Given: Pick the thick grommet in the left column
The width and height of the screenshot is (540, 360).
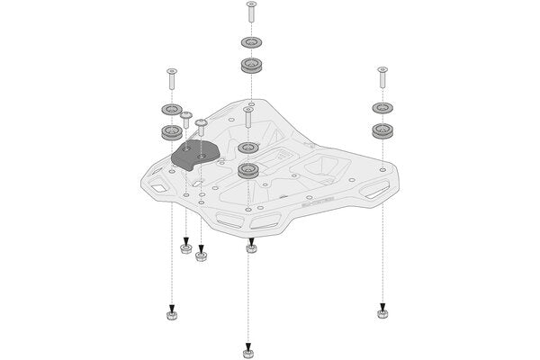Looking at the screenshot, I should (x=169, y=132).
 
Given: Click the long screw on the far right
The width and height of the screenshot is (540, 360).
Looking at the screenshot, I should (x=382, y=77).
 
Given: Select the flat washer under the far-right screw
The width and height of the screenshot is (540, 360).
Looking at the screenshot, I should (x=382, y=108).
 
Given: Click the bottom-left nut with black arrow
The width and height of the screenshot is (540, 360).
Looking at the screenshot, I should (x=171, y=314).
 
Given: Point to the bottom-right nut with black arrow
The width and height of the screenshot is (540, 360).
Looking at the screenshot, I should (x=382, y=314).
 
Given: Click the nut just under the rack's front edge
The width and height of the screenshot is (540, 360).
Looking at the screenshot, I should (x=250, y=247).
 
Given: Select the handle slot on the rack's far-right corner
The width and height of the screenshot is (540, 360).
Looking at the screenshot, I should (x=372, y=190).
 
